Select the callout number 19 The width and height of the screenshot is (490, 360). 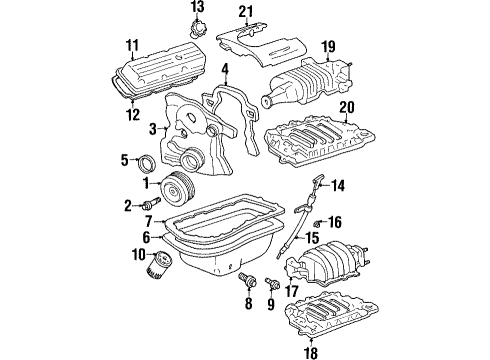tap(328, 46)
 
